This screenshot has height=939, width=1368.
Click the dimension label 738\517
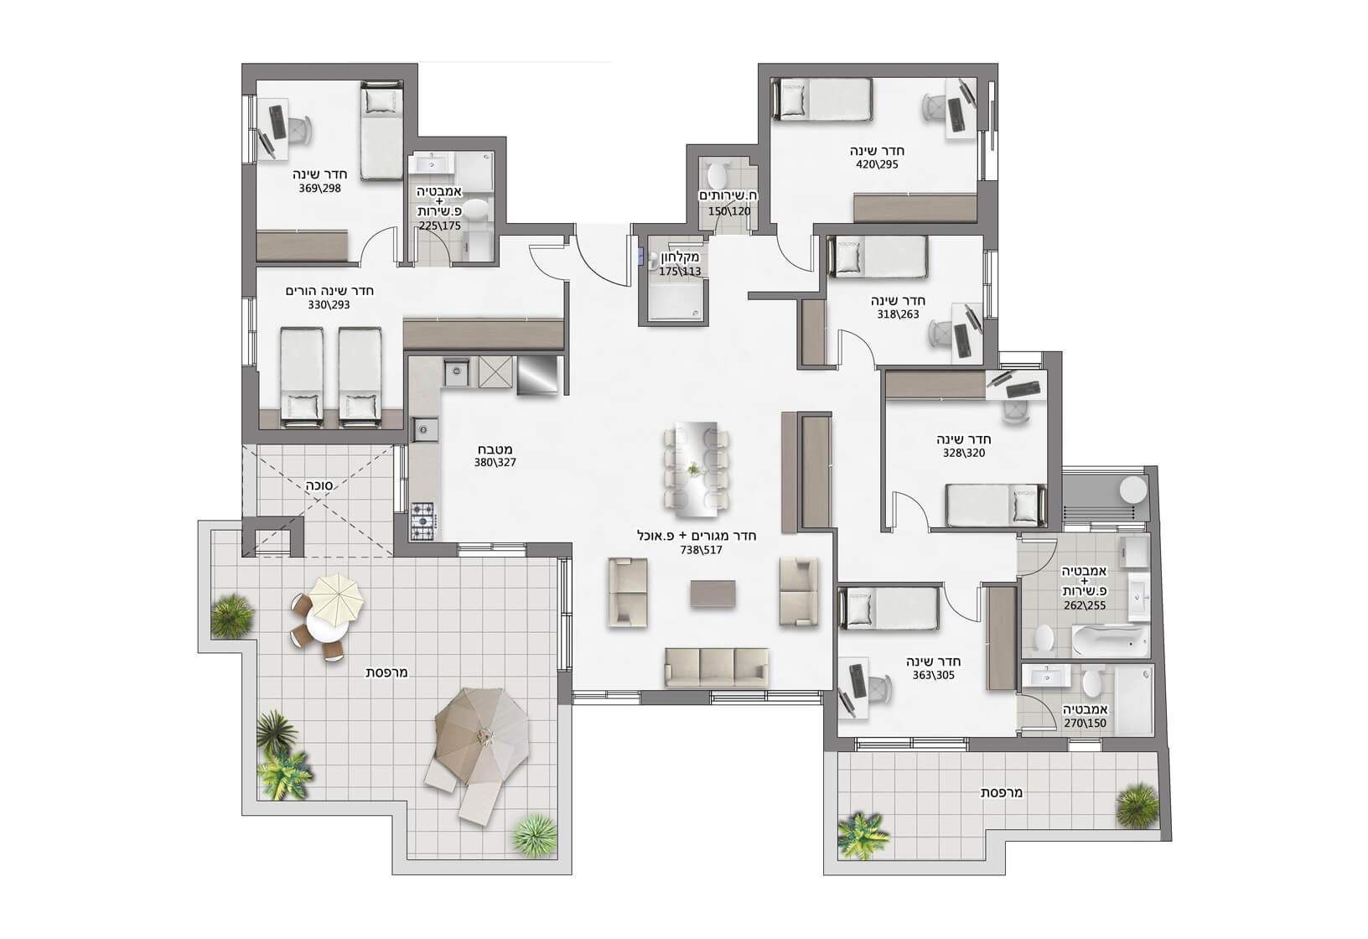[x=701, y=551]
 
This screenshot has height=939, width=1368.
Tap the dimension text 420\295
[x=877, y=164]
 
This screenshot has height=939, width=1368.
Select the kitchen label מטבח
[x=495, y=449]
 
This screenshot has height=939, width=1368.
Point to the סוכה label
[x=319, y=485]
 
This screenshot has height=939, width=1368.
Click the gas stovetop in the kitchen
[x=422, y=521]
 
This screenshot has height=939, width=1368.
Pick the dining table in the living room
[x=697, y=469]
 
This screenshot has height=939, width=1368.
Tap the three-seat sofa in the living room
[x=717, y=667]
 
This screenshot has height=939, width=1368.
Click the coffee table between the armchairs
[x=712, y=594]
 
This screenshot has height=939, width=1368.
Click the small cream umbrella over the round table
[x=336, y=599]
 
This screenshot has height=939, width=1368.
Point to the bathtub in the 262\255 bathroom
[x=1110, y=641]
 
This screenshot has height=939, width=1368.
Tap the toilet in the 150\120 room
[x=717, y=174]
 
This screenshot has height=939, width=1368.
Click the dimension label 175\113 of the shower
[x=680, y=272]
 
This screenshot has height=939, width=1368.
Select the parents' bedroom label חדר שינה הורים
[x=329, y=291]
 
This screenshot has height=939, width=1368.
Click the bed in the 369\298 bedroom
[x=381, y=132]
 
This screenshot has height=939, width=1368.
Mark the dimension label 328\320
[x=964, y=454]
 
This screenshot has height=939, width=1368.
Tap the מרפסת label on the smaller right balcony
[x=1002, y=792]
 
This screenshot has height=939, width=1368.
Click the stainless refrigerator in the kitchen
[x=537, y=375]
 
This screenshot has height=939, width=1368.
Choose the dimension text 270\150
[x=1085, y=724]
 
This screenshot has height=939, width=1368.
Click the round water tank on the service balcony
[x=1133, y=490]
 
